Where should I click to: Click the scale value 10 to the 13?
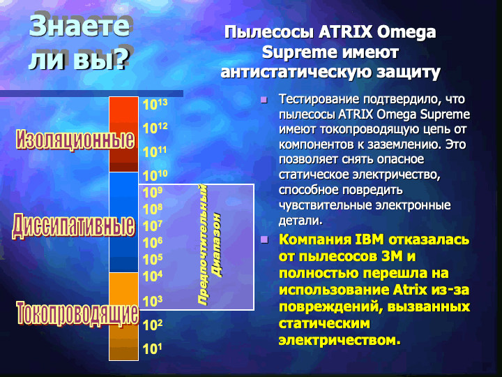coord(155,104)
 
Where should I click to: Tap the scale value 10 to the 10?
coord(155,176)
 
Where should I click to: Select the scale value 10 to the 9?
coord(153,193)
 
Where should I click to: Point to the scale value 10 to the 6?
coord(153,243)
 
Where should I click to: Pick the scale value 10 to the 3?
coord(153,302)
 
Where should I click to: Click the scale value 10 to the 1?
coord(152,348)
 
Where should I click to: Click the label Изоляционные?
coord(75,140)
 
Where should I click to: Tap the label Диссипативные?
coord(74,226)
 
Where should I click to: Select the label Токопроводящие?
coord(78,313)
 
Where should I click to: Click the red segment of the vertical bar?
coord(123,134)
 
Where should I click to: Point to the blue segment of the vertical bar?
coord(123,222)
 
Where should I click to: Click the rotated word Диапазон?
coord(217,245)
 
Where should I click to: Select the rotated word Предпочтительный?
coord(202,245)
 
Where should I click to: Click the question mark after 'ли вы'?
coord(121,59)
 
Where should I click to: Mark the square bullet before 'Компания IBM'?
coord(264,239)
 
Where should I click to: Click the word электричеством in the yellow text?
coord(340,339)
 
